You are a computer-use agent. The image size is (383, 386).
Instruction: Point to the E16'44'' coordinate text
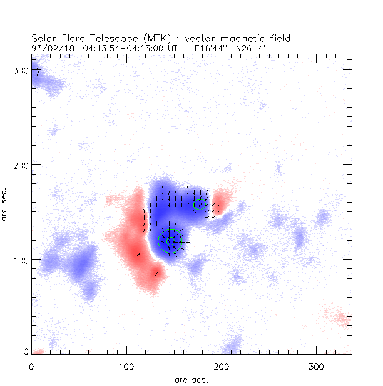(210, 47)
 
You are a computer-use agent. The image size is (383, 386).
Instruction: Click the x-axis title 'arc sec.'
(191, 379)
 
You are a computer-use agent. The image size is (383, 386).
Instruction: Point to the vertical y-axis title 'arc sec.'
(6, 204)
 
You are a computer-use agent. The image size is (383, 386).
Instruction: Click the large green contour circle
(170, 241)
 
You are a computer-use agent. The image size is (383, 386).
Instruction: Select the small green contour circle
(200, 204)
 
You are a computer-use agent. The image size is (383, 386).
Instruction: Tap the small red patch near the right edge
(342, 320)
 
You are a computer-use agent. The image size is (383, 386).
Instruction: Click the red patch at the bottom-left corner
(38, 352)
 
